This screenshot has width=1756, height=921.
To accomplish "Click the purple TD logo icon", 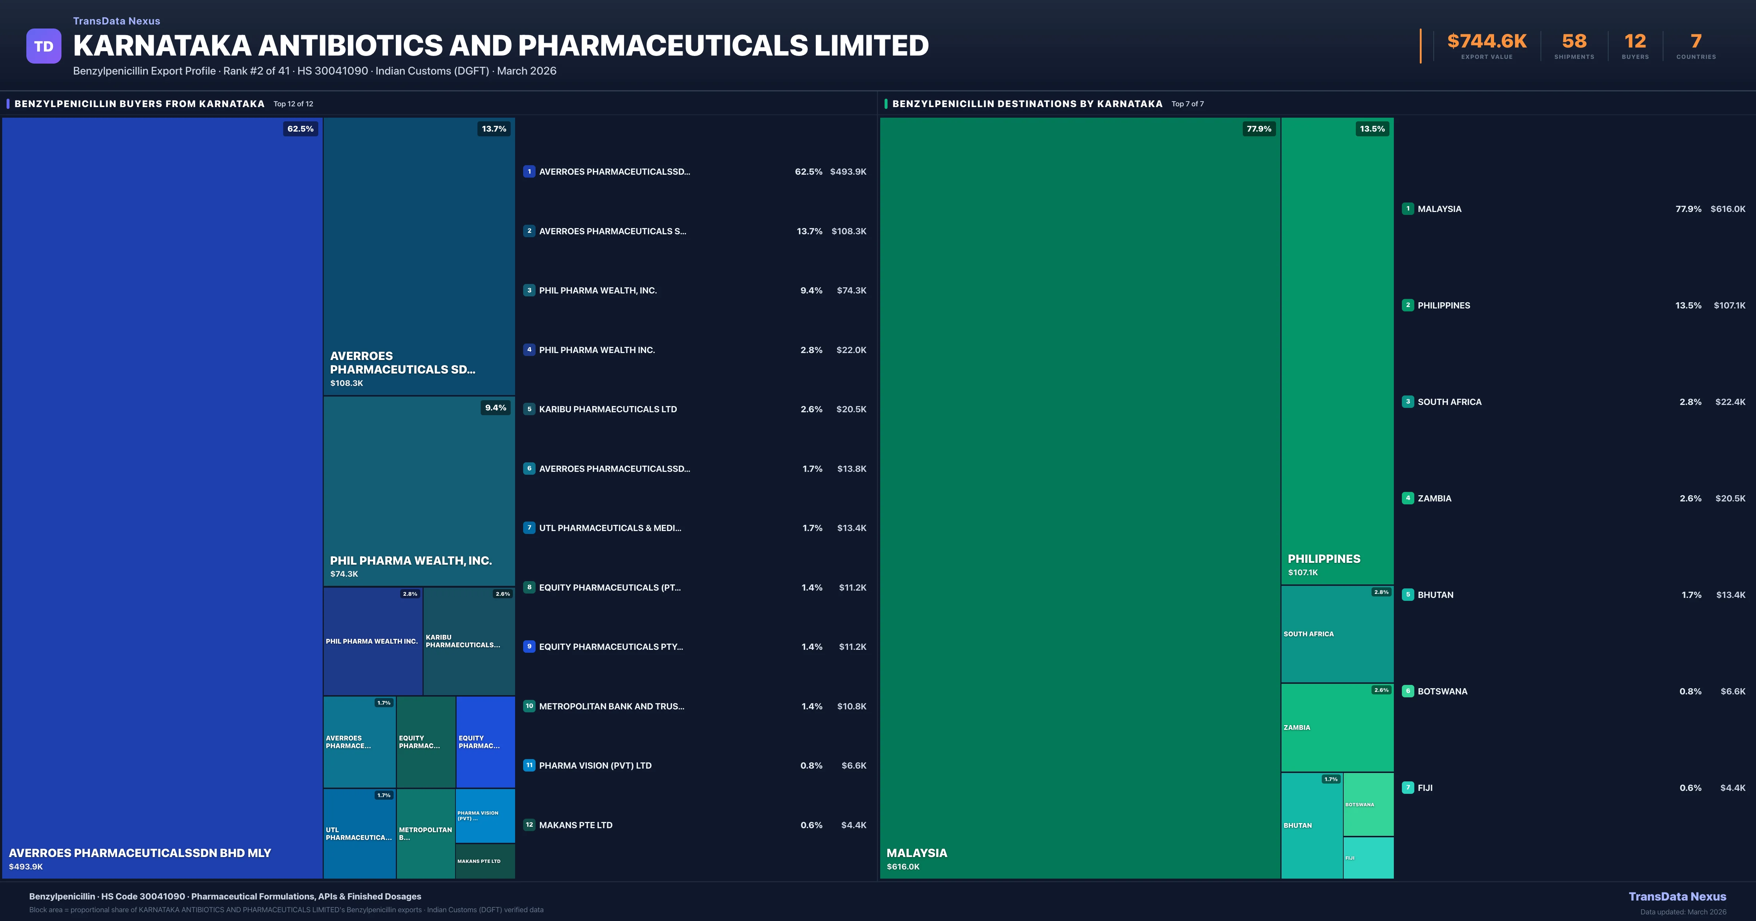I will (44, 46).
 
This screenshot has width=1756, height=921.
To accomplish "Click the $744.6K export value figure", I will (1487, 42).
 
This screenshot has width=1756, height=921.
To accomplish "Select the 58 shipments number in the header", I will (1574, 42).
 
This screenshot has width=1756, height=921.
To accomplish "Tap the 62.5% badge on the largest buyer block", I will (300, 129).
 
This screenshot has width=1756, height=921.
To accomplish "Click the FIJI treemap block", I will (1368, 858).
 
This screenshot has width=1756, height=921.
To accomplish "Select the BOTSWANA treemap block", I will (1368, 804).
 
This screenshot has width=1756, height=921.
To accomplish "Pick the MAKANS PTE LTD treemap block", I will (485, 861).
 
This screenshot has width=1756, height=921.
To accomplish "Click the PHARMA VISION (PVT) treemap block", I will (485, 815).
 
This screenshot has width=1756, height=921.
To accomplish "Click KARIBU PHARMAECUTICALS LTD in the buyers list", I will (607, 409).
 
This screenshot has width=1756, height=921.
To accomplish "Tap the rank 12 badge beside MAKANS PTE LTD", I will (529, 825).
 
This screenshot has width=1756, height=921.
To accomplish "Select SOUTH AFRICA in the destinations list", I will (1449, 402).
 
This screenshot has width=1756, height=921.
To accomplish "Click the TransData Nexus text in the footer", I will (1677, 897).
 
